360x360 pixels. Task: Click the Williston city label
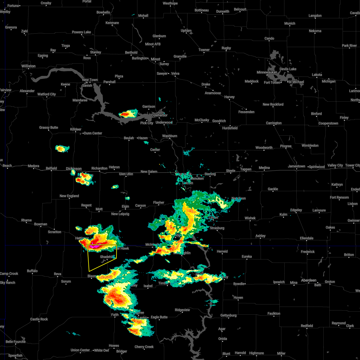[28, 66]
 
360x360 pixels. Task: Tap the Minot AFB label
[153, 44]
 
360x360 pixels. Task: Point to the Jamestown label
[296, 166]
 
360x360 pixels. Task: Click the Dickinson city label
[74, 169]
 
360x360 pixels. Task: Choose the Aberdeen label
[309, 280]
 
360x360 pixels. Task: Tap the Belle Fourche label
[16, 342]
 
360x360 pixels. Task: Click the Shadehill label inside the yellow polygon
[106, 257]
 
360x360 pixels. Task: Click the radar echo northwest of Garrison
[128, 114]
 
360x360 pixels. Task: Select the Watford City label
[46, 94]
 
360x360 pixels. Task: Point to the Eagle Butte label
[159, 317]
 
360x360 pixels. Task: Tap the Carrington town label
[274, 123]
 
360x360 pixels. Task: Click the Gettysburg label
[228, 315]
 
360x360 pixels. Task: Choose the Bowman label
[40, 224]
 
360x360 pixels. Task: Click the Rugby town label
[226, 48]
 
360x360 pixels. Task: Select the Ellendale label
[307, 238]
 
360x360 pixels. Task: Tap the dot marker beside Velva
[169, 73]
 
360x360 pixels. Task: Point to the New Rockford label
[273, 104]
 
